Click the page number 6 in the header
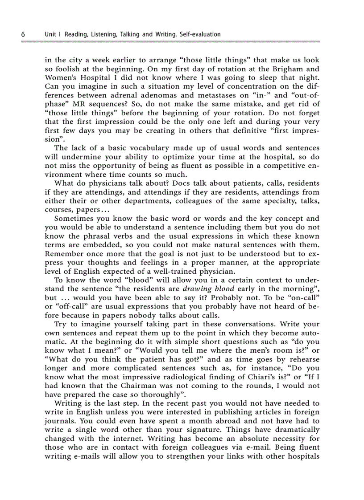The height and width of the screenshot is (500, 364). click(22, 34)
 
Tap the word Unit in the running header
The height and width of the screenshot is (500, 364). click(51, 34)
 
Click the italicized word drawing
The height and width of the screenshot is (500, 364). click(199, 289)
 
